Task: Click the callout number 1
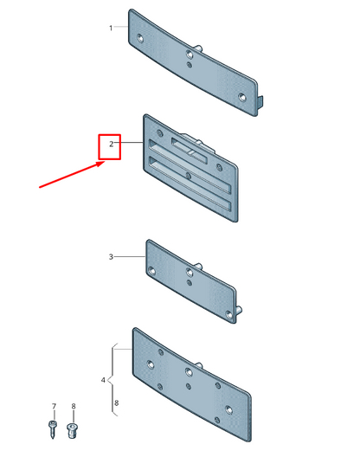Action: click(x=111, y=29)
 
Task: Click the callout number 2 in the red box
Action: click(x=112, y=145)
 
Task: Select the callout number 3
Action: click(x=111, y=257)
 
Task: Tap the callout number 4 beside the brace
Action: click(x=103, y=380)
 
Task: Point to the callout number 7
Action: click(x=54, y=406)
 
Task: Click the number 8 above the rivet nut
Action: click(x=74, y=406)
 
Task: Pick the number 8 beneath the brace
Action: click(x=116, y=402)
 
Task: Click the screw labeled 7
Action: click(x=53, y=429)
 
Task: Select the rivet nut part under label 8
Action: click(x=72, y=430)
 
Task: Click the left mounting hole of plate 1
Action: click(x=140, y=38)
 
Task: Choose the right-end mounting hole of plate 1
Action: click(x=241, y=97)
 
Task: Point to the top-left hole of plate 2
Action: click(x=160, y=132)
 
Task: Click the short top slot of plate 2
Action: click(x=189, y=151)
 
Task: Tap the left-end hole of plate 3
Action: click(x=152, y=271)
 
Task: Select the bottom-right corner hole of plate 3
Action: click(x=229, y=315)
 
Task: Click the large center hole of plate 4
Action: click(x=189, y=372)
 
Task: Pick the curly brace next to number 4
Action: click(x=112, y=379)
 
